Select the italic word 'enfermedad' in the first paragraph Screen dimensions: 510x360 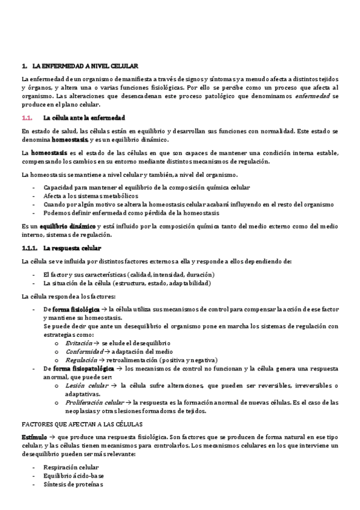click(x=314, y=96)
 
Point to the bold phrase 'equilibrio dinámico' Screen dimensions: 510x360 click(x=55, y=226)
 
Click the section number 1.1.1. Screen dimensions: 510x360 click(x=29, y=248)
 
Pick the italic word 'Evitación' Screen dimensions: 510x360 click(x=79, y=342)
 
